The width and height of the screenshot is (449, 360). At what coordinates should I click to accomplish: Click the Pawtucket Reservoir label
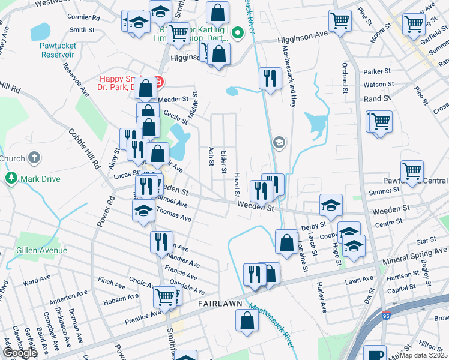coord(56,50)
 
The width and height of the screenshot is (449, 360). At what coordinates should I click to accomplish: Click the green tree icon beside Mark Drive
coord(11,178)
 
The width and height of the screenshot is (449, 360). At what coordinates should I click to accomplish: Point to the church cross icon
coord(35,158)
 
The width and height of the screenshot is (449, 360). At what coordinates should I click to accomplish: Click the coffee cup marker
coord(375,354)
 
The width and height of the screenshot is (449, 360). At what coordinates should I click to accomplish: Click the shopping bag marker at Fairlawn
coord(247,320)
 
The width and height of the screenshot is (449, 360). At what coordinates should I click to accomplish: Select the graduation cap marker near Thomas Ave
coord(143,211)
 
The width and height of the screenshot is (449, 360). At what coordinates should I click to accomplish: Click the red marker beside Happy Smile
coord(158,81)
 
